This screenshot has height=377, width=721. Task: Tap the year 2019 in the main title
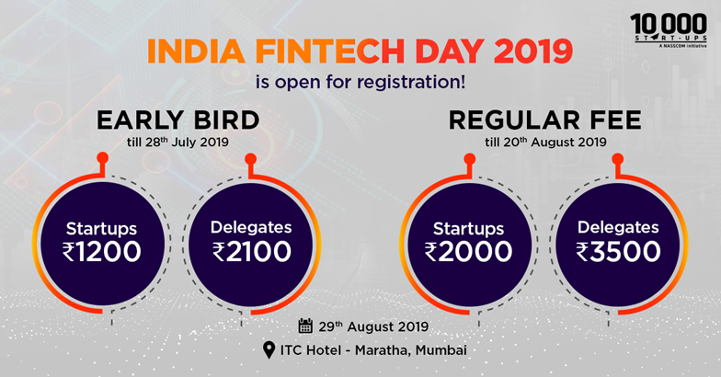(533, 51)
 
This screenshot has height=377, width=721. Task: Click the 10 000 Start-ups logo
(669, 30)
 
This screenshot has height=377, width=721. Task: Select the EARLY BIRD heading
(178, 120)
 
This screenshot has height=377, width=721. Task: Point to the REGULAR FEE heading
(544, 120)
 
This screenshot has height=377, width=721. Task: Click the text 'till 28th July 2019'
(178, 142)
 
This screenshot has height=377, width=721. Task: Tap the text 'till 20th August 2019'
(545, 142)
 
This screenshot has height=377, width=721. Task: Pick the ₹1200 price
(101, 252)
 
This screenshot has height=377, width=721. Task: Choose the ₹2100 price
(252, 252)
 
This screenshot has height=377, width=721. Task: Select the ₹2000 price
(468, 252)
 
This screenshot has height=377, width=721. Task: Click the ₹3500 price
(618, 252)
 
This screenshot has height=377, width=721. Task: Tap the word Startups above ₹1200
(101, 229)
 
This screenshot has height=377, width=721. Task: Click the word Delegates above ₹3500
(618, 227)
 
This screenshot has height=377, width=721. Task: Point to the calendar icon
(305, 326)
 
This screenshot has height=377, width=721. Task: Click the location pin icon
(269, 350)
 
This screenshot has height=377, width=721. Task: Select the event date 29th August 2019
(373, 326)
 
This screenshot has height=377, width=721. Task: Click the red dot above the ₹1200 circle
(103, 158)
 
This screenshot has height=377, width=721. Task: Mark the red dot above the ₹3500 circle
(618, 159)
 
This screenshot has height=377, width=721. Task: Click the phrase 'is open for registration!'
(360, 83)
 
